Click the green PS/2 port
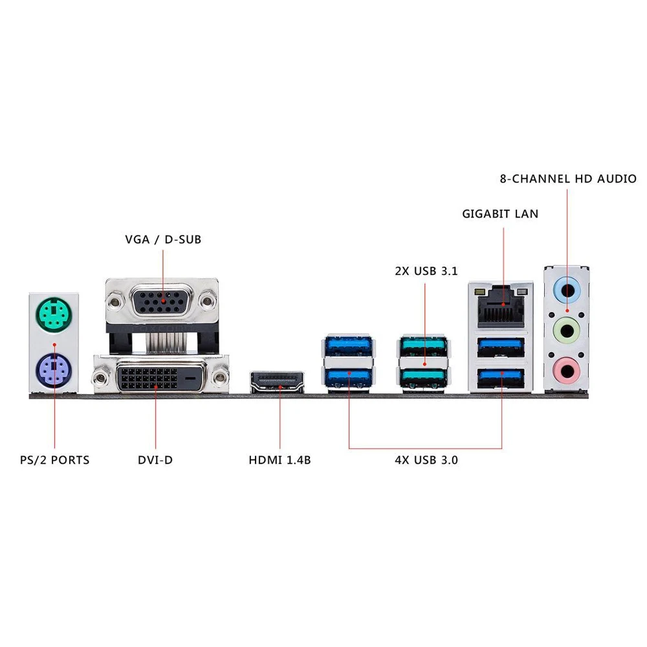pos(54,315)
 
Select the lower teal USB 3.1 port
pos(424,377)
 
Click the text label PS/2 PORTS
pos(54,461)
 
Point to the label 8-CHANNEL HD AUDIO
pos(568,179)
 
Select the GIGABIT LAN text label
pos(500,214)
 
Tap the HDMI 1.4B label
pos(280,461)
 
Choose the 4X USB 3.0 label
pos(426,461)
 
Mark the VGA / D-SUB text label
pos(163,239)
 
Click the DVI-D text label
pos(155,461)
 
